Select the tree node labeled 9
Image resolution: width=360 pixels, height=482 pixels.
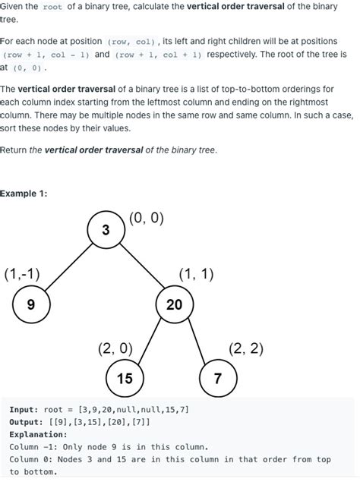[x=31, y=305]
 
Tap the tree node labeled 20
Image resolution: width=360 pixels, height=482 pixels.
[x=174, y=305]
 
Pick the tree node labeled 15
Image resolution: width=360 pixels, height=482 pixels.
[x=125, y=378]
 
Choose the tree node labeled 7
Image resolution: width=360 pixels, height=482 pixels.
[x=218, y=378]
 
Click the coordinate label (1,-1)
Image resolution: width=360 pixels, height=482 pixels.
[x=22, y=274]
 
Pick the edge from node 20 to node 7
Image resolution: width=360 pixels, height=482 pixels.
[x=196, y=342]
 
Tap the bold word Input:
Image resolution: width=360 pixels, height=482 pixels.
[x=24, y=410]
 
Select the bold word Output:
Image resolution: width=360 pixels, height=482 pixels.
[x=26, y=422]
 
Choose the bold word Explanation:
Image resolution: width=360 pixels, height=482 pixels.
[x=38, y=435]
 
